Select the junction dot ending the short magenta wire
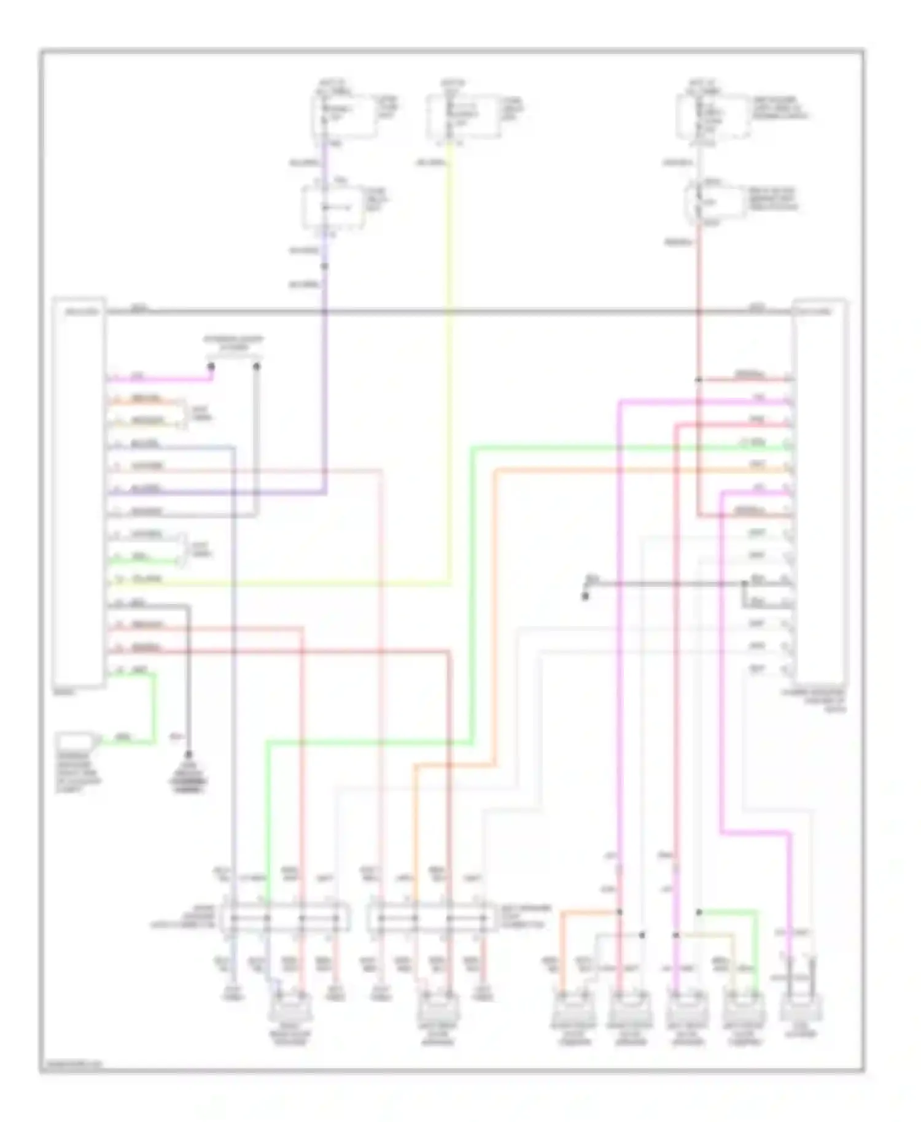tap(211, 366)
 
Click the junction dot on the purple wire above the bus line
tap(325, 266)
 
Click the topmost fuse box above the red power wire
tap(712, 117)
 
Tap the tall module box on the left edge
tap(79, 491)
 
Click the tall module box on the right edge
tap(819, 491)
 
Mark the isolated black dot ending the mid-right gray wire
tap(585, 595)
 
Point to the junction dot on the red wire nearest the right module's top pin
tap(698, 380)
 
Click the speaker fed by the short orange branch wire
tap(572, 1010)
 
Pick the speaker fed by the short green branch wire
tap(744, 1010)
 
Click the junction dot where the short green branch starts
tap(699, 912)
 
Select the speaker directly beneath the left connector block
tap(289, 1010)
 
